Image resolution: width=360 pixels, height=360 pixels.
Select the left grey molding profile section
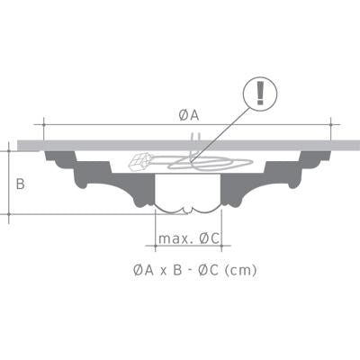pyautogui.click(x=99, y=180)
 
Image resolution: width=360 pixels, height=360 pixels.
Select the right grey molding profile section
pyautogui.click(x=265, y=180)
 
